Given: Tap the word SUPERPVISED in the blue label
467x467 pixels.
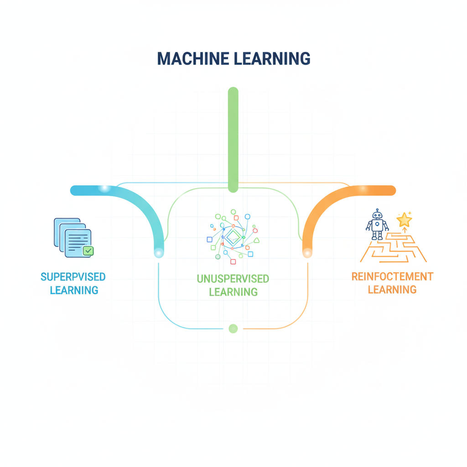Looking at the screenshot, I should [73, 277].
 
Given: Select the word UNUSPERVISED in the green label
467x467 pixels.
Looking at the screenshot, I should [233, 278].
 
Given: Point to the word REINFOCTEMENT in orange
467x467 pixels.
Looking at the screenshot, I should [392, 276].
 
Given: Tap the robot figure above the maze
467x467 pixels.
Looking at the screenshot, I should [377, 224].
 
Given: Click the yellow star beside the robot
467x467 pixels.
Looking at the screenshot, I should [404, 220].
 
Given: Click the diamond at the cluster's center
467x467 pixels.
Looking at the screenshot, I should [233, 237].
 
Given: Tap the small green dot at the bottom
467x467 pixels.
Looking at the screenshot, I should [233, 328].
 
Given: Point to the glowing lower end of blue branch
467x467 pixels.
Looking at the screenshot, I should [159, 252].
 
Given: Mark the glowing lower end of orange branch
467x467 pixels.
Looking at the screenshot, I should [307, 252].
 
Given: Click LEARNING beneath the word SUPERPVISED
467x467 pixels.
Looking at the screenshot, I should [74, 290].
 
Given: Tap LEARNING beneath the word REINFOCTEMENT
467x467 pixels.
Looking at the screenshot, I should [392, 289].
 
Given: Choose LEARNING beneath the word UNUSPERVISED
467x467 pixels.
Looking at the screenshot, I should [233, 291].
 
